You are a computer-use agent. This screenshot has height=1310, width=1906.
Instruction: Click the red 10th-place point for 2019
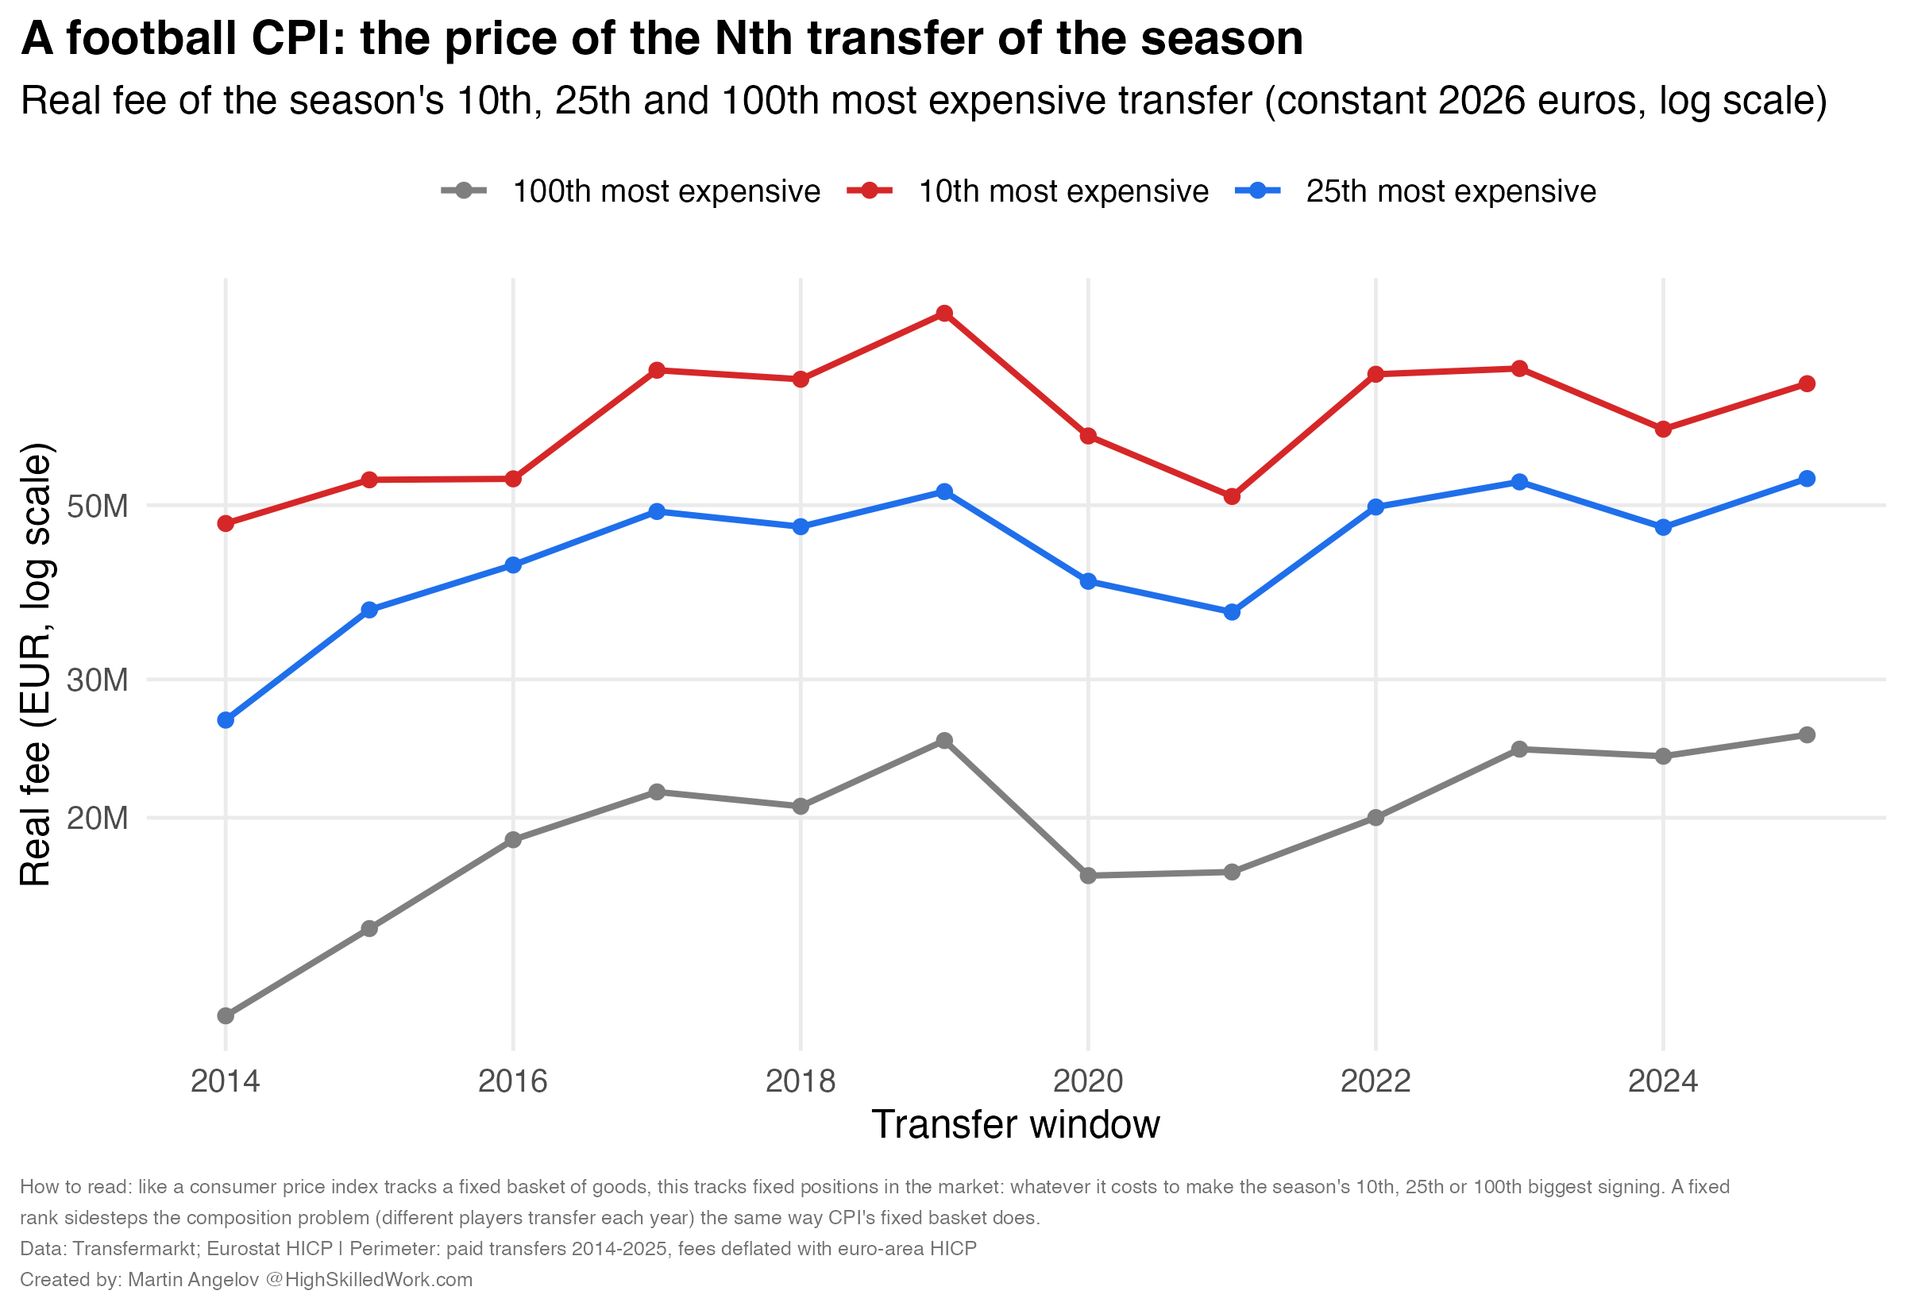944,314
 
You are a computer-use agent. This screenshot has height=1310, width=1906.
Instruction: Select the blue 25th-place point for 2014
226,720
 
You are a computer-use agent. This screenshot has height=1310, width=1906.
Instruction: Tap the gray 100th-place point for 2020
1088,876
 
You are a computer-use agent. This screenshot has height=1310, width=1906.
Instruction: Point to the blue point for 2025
1807,479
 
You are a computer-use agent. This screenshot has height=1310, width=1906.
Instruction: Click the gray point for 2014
226,1016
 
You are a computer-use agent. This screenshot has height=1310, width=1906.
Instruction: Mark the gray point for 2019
944,741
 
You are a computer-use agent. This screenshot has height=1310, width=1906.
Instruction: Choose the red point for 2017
657,370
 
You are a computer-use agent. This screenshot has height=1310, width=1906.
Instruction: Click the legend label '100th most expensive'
666,191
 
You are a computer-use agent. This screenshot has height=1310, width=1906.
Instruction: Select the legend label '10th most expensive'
1063,191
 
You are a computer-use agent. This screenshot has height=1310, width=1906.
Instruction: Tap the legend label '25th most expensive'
1450,191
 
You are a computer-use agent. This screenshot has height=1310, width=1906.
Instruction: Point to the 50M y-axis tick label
98,507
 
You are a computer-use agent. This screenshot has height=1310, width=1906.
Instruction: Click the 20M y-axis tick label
98,819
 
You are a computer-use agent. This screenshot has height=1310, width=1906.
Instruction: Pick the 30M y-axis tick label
98,680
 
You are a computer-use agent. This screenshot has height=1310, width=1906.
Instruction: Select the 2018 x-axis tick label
801,1081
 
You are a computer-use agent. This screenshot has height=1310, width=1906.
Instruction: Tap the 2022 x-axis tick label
1375,1081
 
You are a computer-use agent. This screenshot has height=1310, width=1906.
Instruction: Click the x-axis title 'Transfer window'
1016,1124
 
